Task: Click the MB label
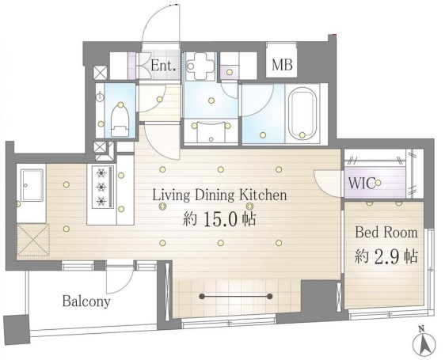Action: point(282,65)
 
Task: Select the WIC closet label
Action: point(362,184)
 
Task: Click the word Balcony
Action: point(86,301)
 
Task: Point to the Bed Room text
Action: point(386,233)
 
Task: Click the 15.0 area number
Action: point(220,219)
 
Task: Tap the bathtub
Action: point(302,113)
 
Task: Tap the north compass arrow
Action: point(424,343)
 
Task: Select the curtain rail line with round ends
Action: point(235,297)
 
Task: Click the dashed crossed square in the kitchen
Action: point(33,240)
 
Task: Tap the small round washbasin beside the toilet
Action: point(101,97)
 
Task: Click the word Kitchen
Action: point(263,195)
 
